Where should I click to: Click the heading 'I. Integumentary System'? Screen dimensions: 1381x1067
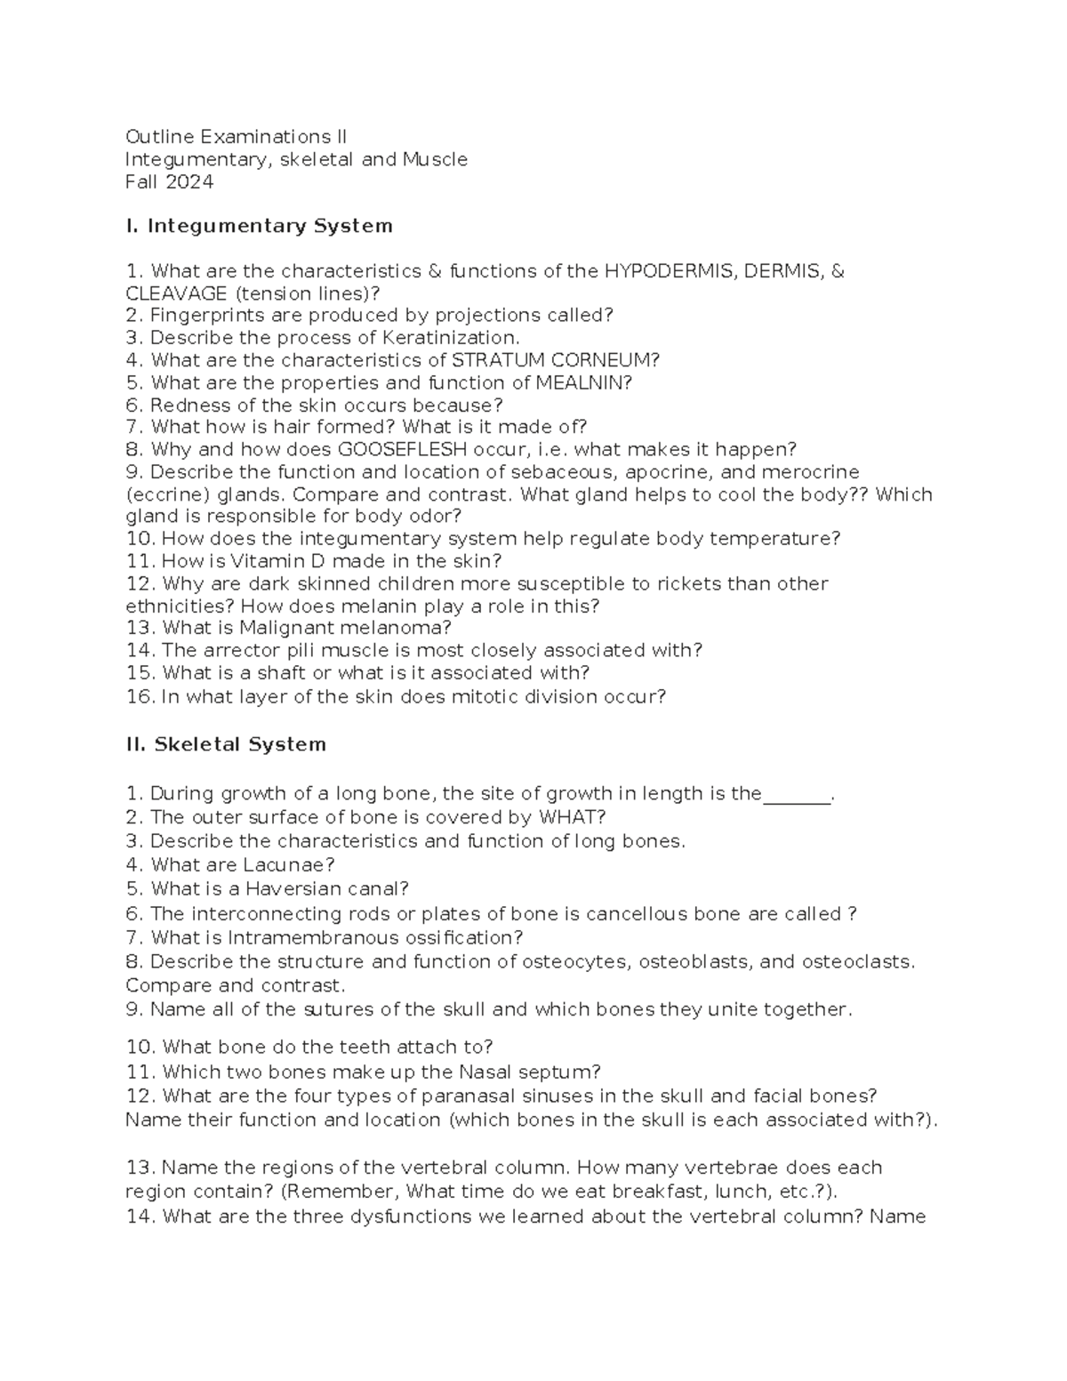tap(259, 226)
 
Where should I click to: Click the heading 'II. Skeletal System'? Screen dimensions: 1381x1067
tap(226, 744)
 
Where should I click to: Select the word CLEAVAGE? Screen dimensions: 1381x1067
tap(176, 293)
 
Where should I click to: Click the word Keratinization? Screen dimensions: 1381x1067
tap(450, 338)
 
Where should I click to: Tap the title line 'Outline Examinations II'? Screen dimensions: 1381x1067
tap(236, 137)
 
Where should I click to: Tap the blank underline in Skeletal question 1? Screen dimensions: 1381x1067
tap(796, 794)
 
